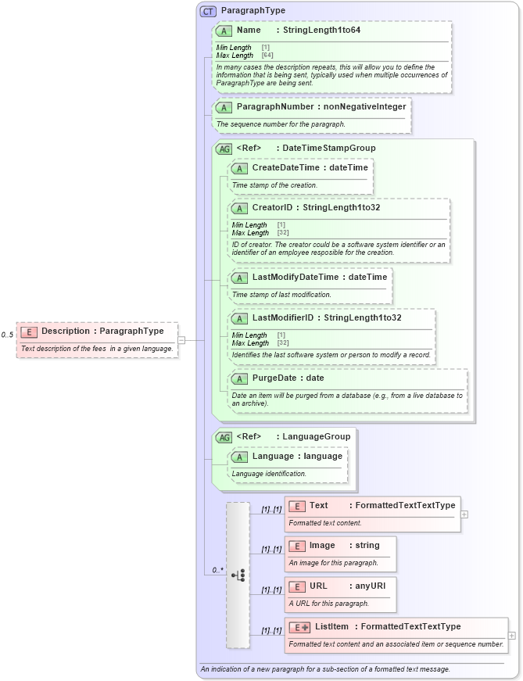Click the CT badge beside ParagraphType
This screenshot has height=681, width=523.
click(x=208, y=11)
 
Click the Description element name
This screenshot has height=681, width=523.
click(x=65, y=331)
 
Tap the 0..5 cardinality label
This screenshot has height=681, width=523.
click(x=8, y=335)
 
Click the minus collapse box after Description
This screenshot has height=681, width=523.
click(x=181, y=340)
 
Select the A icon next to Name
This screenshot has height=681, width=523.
click(x=224, y=30)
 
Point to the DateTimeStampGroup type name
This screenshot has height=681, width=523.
click(x=328, y=148)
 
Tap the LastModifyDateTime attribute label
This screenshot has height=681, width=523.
click(x=295, y=277)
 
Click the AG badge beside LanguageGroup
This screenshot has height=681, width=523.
click(x=224, y=437)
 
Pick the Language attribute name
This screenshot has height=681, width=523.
click(x=274, y=456)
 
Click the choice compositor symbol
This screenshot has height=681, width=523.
click(x=238, y=575)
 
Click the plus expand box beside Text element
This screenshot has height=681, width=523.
click(x=464, y=514)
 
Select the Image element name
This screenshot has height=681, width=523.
click(x=322, y=545)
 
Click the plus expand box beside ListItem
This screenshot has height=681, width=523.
click(x=512, y=636)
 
